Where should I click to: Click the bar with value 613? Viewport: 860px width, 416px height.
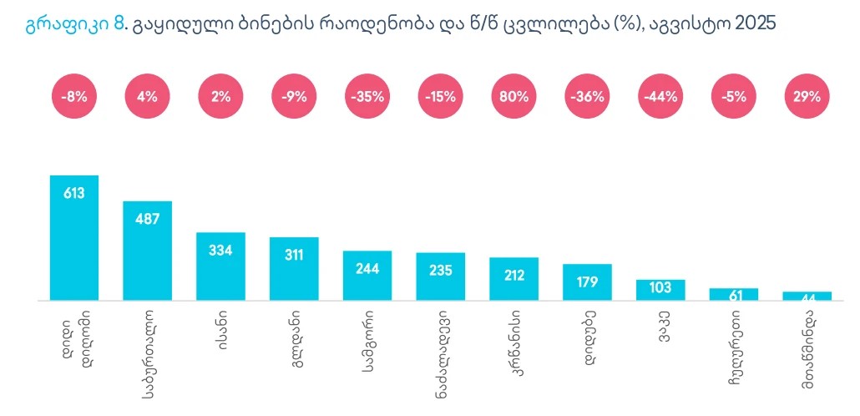pyautogui.click(x=74, y=237)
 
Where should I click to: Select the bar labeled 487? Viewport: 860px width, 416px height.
pyautogui.click(x=148, y=250)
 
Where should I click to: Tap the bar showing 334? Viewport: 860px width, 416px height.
pyautogui.click(x=220, y=266)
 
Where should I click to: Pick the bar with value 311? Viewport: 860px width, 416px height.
pyautogui.click(x=294, y=268)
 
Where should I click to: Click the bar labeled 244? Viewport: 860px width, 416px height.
pyautogui.click(x=367, y=275)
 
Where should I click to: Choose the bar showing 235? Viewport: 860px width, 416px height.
pyautogui.click(x=441, y=276)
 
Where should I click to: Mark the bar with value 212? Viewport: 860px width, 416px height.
pyautogui.click(x=513, y=278)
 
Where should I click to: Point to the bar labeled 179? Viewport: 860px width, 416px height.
pyautogui.click(x=587, y=282)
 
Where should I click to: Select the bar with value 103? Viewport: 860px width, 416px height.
pyautogui.click(x=660, y=289)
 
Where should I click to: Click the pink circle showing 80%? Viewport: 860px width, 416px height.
pyautogui.click(x=513, y=96)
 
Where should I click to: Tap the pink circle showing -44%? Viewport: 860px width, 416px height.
pyautogui.click(x=660, y=96)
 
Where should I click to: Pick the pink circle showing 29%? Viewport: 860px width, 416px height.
pyautogui.click(x=807, y=96)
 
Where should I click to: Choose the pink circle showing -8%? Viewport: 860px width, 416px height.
pyautogui.click(x=74, y=96)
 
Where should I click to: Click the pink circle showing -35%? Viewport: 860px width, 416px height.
pyautogui.click(x=367, y=96)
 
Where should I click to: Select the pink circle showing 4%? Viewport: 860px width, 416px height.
pyautogui.click(x=148, y=96)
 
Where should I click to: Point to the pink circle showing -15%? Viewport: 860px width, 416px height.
pyautogui.click(x=441, y=96)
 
